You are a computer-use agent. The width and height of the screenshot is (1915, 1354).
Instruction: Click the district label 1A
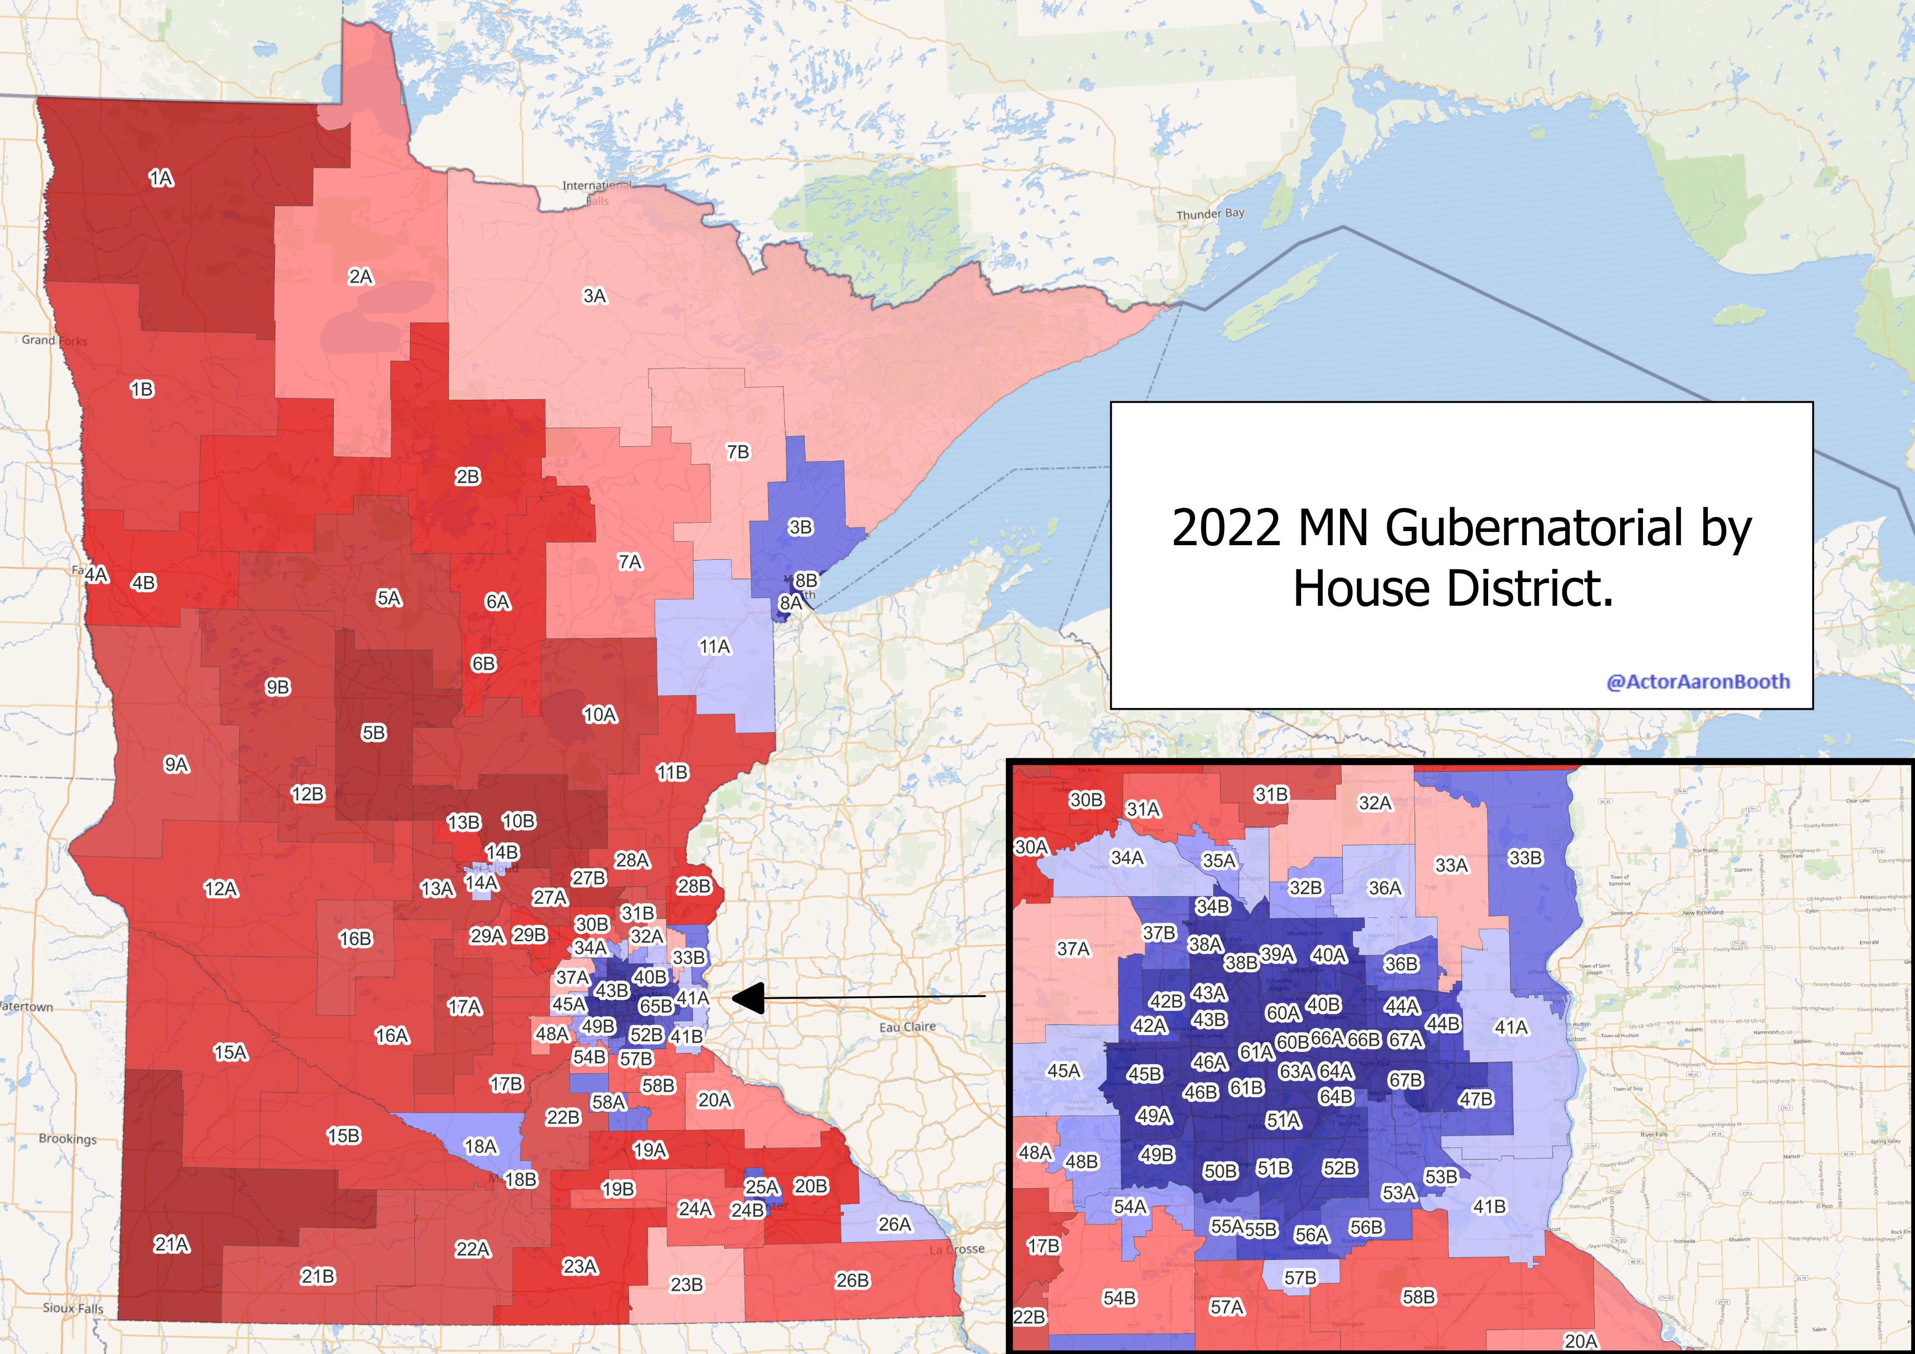click(x=161, y=178)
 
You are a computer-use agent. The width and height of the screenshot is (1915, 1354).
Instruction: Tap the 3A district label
click(x=594, y=295)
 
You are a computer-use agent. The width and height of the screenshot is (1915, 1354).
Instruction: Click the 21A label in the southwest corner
click(x=172, y=1244)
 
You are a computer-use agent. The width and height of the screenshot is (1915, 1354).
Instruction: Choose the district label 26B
click(x=851, y=1280)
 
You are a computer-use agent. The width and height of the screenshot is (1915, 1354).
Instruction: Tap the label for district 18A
click(x=481, y=1146)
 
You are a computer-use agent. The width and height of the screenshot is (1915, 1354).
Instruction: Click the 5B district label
click(x=374, y=733)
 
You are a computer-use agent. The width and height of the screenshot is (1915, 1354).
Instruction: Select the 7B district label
click(x=737, y=451)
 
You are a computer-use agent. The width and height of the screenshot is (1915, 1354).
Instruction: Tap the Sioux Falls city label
click(x=73, y=1307)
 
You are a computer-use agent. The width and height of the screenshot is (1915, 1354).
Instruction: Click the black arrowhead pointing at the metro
click(x=748, y=998)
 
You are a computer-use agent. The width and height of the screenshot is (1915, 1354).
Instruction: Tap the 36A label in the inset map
click(x=1384, y=888)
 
